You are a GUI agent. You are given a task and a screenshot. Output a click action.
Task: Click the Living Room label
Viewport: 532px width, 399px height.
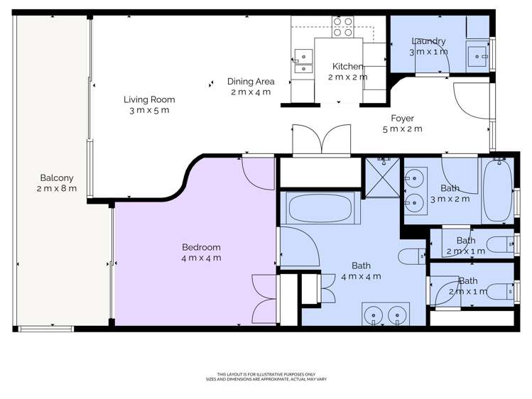(x=149, y=99)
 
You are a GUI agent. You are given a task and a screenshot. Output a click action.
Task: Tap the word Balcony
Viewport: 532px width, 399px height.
(x=57, y=177)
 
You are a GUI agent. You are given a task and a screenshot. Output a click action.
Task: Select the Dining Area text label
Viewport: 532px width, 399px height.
(x=251, y=82)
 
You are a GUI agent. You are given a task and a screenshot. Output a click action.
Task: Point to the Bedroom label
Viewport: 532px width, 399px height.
(x=201, y=247)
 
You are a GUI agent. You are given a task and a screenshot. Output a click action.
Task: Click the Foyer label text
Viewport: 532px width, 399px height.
(x=402, y=119)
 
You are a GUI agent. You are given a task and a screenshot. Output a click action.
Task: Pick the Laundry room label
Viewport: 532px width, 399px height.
(x=428, y=41)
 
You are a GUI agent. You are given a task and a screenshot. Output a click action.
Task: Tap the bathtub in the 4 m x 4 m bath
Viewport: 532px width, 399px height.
(x=320, y=208)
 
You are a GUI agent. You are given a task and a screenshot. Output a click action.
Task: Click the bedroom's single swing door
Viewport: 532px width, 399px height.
(x=256, y=172)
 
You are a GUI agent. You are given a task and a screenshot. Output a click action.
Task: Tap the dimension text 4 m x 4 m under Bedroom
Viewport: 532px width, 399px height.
(x=201, y=258)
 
